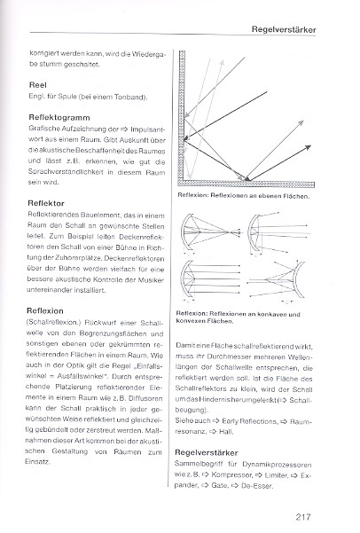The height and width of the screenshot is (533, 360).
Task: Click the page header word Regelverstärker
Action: click(x=284, y=29)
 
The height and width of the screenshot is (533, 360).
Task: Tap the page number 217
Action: click(x=303, y=517)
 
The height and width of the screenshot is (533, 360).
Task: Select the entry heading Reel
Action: click(x=38, y=85)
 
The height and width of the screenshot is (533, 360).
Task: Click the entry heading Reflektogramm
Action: click(x=59, y=118)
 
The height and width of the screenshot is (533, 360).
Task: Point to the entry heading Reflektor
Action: click(x=46, y=203)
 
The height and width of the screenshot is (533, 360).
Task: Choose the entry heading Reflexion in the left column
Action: click(x=45, y=310)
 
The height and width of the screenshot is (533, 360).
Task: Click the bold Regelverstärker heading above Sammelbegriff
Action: click(x=207, y=453)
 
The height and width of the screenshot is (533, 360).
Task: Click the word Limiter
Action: click(x=277, y=475)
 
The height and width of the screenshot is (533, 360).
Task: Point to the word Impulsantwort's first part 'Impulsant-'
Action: click(x=147, y=129)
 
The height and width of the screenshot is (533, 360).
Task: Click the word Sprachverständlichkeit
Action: click(x=66, y=172)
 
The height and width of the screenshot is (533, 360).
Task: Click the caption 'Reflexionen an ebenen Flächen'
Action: click(x=260, y=196)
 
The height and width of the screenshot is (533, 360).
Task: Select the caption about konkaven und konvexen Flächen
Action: click(x=238, y=317)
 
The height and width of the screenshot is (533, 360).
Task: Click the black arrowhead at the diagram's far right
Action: click(x=308, y=147)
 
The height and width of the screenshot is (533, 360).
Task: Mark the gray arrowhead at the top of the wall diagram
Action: click(x=223, y=62)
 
